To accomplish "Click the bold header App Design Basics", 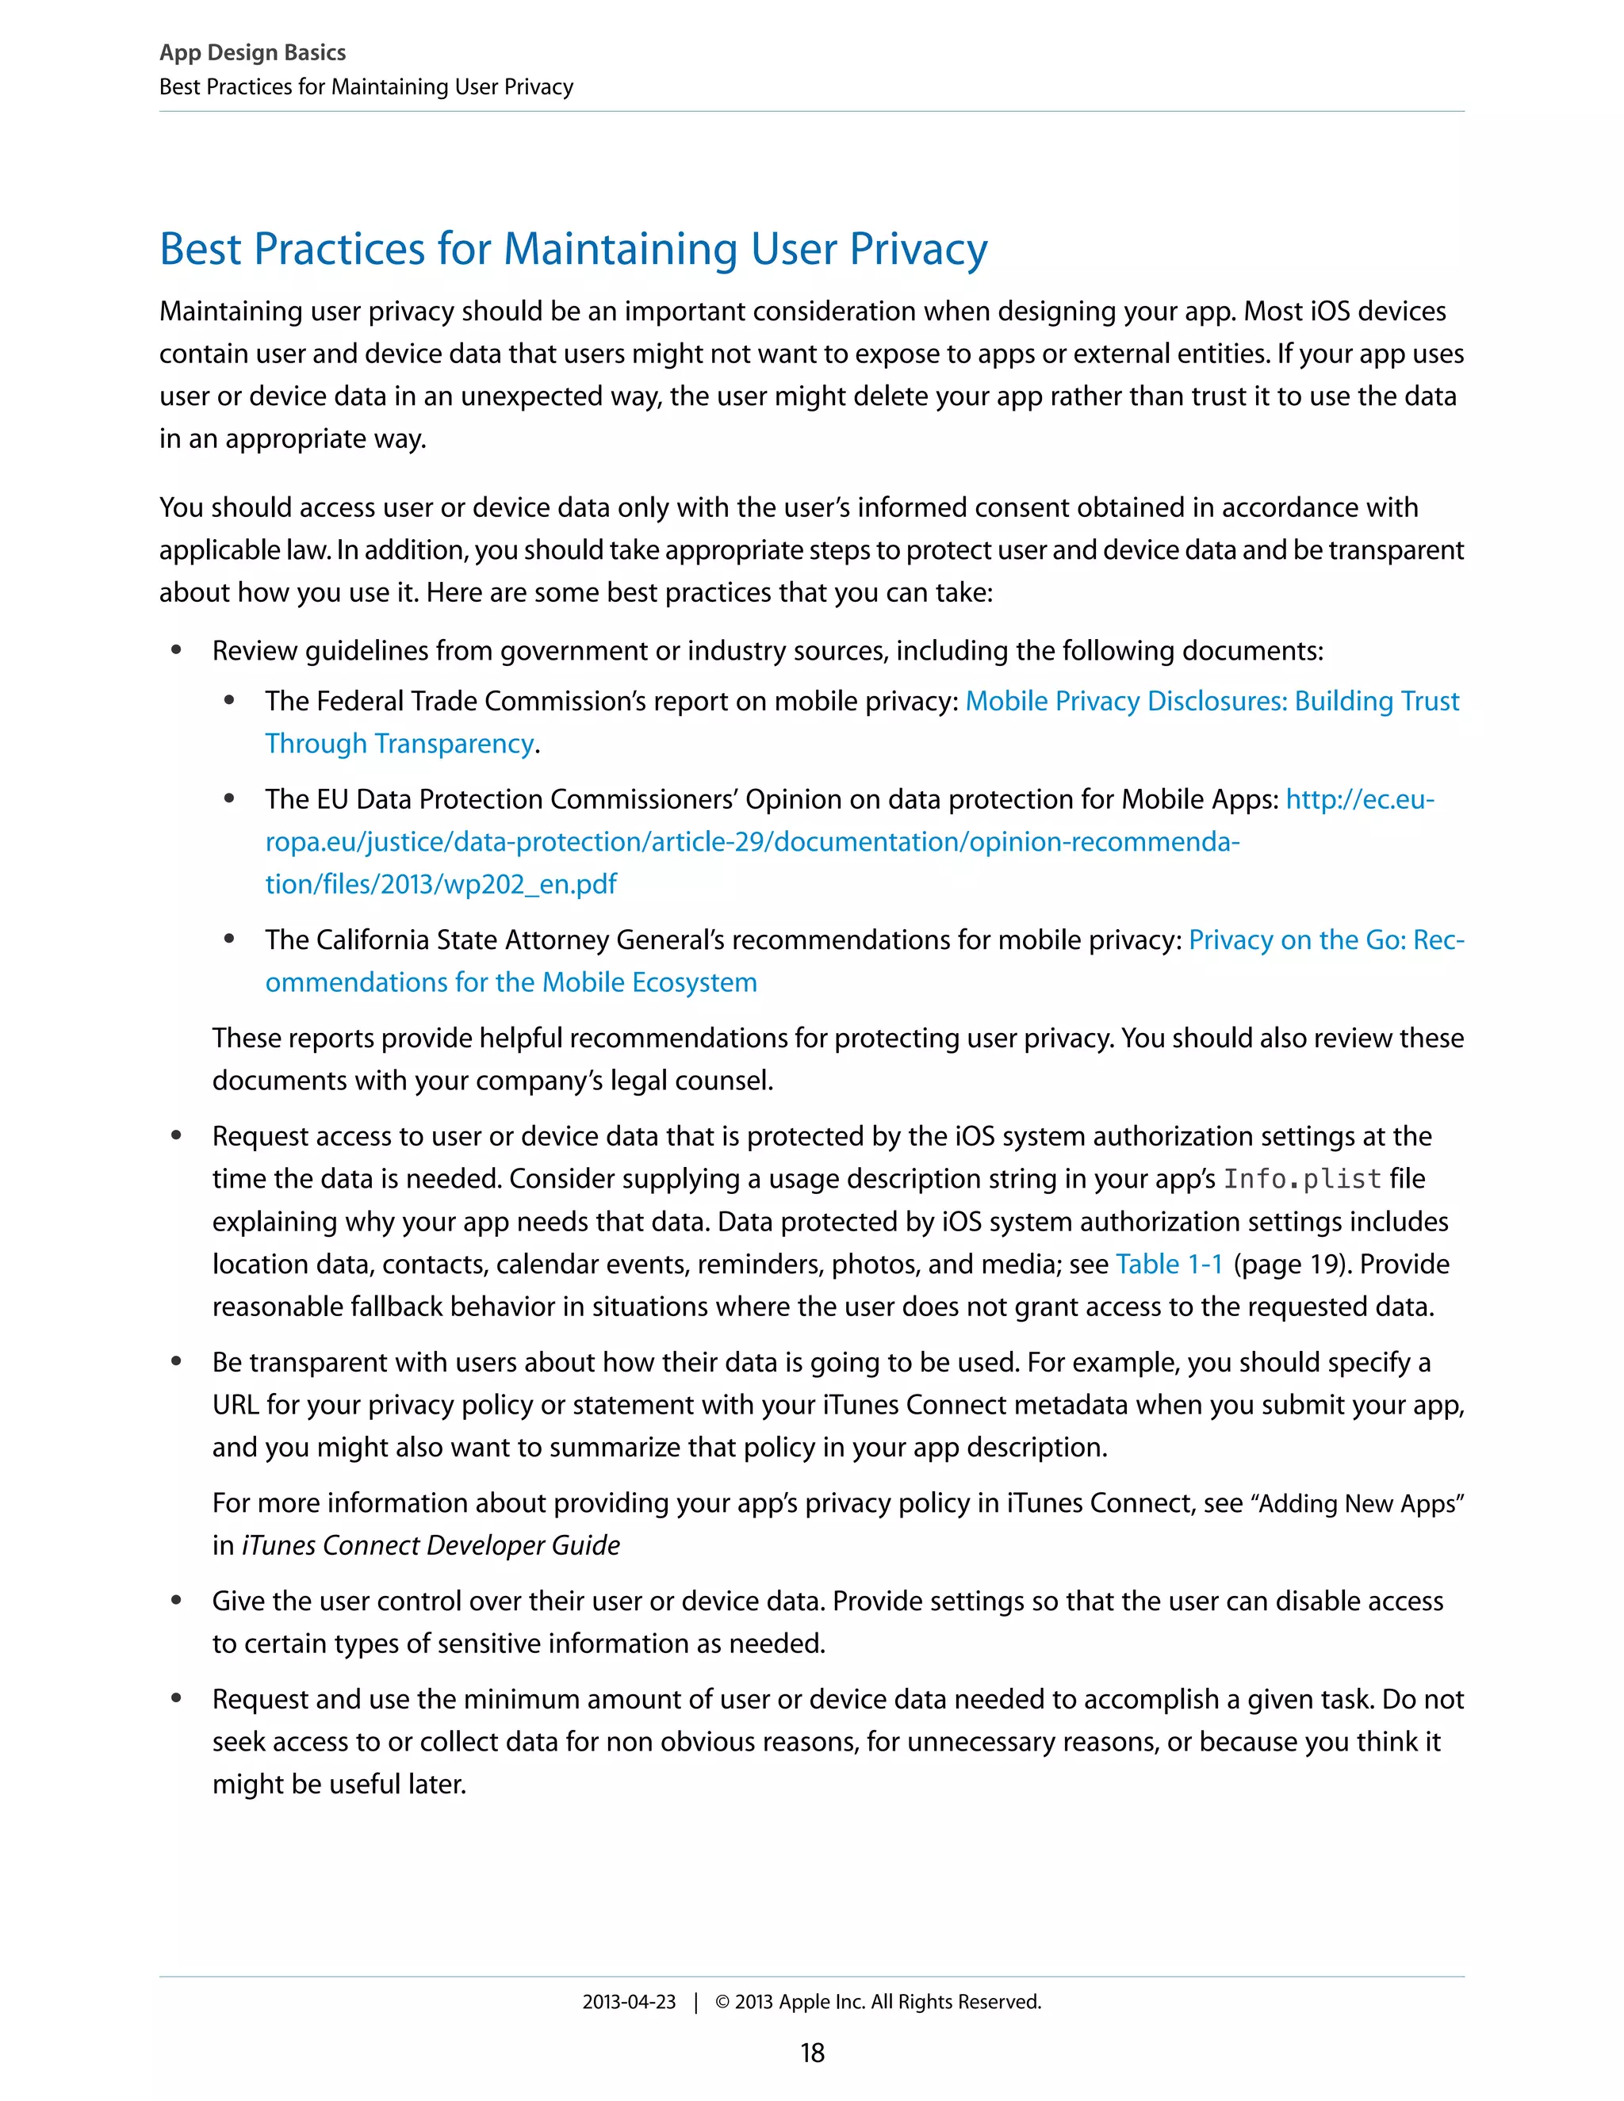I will click(x=252, y=53).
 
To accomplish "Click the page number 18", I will click(x=812, y=2053).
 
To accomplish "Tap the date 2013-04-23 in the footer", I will click(x=628, y=2002).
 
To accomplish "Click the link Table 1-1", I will click(x=1169, y=1264).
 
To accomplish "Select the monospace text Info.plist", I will click(x=1302, y=1180).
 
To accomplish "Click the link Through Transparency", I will click(x=400, y=744).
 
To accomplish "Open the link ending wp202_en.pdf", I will click(x=441, y=884).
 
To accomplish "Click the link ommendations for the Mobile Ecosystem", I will click(x=511, y=982).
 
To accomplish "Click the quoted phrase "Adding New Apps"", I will click(x=1357, y=1503).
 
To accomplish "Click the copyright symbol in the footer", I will click(x=722, y=2002).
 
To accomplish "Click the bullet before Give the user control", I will click(x=176, y=1601).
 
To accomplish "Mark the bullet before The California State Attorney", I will click(x=229, y=939).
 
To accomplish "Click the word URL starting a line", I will click(x=236, y=1406).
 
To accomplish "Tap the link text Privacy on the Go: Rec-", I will click(x=1326, y=940).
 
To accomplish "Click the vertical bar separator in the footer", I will click(x=695, y=2002).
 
